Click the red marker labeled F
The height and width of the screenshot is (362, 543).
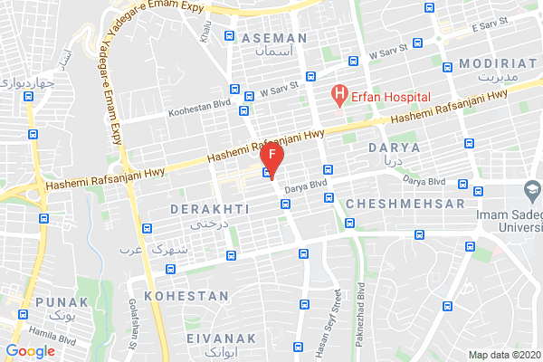(273, 157)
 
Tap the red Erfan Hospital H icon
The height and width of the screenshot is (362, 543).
(338, 93)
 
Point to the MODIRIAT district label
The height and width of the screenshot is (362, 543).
(499, 62)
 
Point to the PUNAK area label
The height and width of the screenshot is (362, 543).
(62, 301)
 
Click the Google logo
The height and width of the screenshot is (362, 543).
(30, 351)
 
